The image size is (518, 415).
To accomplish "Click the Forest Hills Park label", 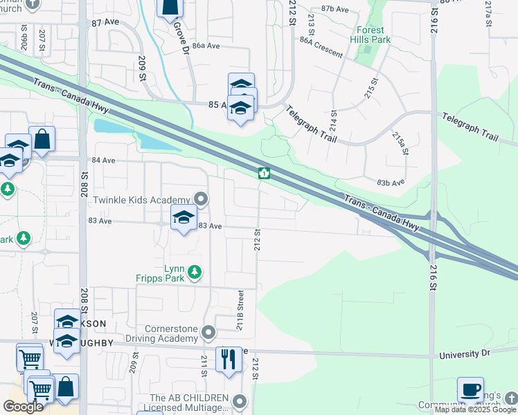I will point(373,35).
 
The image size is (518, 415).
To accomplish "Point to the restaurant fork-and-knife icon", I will point(229,359).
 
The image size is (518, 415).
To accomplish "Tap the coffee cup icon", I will point(470,389).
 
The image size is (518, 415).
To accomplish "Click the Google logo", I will point(23,407).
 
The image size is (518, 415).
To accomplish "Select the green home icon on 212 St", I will point(264,173).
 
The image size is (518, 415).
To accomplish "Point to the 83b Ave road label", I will point(391,183).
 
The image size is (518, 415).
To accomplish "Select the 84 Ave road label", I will point(103,160).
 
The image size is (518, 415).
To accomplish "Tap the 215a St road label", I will point(400,143).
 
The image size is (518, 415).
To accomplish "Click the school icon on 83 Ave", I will point(184,218).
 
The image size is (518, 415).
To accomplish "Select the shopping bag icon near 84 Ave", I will point(42,140).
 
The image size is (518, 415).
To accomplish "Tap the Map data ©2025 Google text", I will point(476,409).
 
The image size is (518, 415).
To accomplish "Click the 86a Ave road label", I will point(206,46).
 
